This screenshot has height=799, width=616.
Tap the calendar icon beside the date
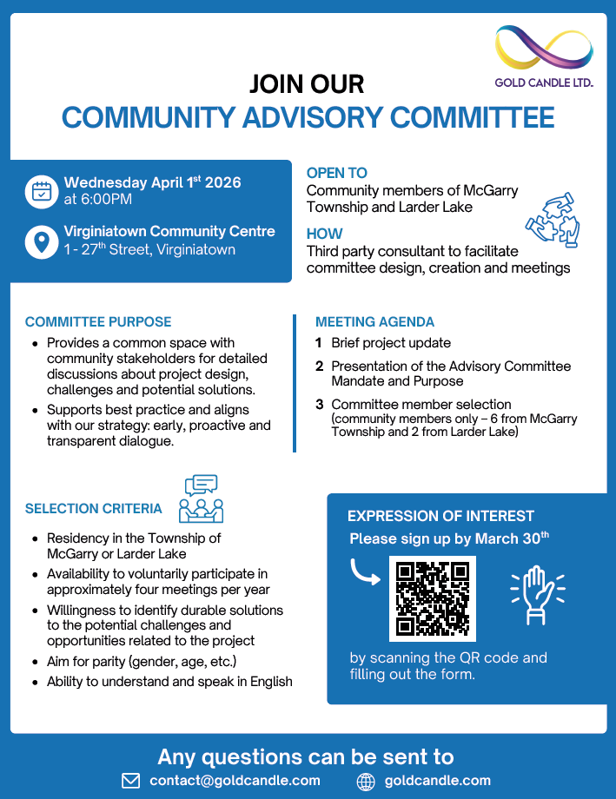(41, 191)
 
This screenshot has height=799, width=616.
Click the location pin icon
(41, 241)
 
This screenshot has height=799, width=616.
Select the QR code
(432, 598)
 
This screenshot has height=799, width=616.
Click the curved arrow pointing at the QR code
(364, 573)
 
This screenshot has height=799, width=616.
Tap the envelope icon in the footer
(130, 781)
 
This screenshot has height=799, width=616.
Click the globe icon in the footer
(366, 781)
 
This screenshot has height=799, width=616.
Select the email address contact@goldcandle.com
(235, 780)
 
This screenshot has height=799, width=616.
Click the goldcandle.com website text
(437, 780)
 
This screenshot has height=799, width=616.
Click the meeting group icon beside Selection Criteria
(200, 498)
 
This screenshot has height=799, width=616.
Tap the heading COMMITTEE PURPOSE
(98, 321)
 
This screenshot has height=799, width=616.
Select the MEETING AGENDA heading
(374, 321)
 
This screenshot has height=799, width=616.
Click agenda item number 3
(320, 405)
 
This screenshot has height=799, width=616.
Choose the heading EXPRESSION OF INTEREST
(440, 516)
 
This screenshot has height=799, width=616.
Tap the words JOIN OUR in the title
(307, 84)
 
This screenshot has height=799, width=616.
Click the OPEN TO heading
(337, 173)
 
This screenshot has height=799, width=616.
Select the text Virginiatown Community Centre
(169, 232)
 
